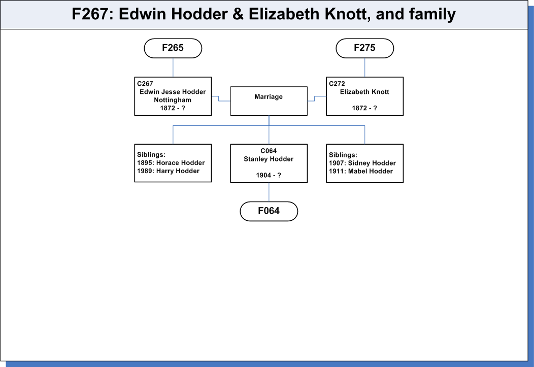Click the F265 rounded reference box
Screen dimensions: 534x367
pyautogui.click(x=173, y=48)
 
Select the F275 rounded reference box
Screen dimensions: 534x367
pyautogui.click(x=365, y=48)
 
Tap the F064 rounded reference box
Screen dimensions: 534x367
pyautogui.click(x=269, y=211)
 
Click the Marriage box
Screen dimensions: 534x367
pyautogui.click(x=269, y=101)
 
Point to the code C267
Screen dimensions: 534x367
pyautogui.click(x=145, y=84)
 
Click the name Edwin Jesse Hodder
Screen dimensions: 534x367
pyautogui.click(x=173, y=92)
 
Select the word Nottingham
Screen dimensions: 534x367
pyautogui.click(x=173, y=100)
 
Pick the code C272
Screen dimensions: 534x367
pyautogui.click(x=337, y=84)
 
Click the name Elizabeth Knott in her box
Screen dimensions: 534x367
pyautogui.click(x=364, y=92)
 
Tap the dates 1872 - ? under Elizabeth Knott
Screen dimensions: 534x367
pyautogui.click(x=364, y=108)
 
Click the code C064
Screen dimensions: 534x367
pyautogui.click(x=269, y=151)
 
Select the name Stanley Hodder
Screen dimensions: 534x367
pyautogui.click(x=269, y=159)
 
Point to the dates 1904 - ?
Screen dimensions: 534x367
pyautogui.click(x=269, y=175)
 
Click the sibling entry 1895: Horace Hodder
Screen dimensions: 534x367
pyautogui.click(x=171, y=163)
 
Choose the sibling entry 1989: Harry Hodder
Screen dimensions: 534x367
pyautogui.click(x=168, y=171)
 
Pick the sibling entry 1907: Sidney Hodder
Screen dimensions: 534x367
pyautogui.click(x=362, y=163)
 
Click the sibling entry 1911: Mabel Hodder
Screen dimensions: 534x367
pyautogui.click(x=361, y=171)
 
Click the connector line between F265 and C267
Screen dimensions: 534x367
pyautogui.click(x=173, y=68)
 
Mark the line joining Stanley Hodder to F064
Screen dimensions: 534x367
pyautogui.click(x=269, y=192)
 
